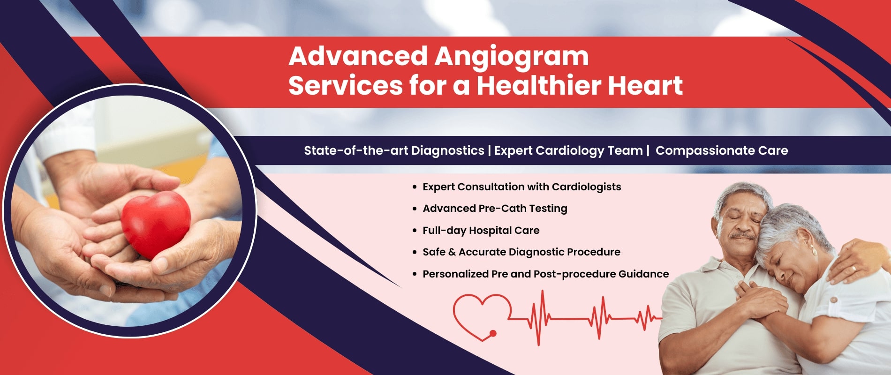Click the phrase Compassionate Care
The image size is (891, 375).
(x=722, y=150)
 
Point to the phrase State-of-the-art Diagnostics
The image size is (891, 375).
(x=394, y=150)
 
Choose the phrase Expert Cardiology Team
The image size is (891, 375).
(x=568, y=150)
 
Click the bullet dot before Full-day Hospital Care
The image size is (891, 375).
(x=415, y=231)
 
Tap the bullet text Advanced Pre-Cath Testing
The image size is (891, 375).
(x=495, y=208)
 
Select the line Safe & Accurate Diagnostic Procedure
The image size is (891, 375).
(x=521, y=252)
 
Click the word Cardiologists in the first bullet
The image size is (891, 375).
(x=586, y=187)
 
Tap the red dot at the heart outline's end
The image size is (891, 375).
(x=493, y=334)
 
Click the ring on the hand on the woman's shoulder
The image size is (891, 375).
(x=853, y=268)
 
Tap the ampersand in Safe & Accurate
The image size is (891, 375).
(x=452, y=252)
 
